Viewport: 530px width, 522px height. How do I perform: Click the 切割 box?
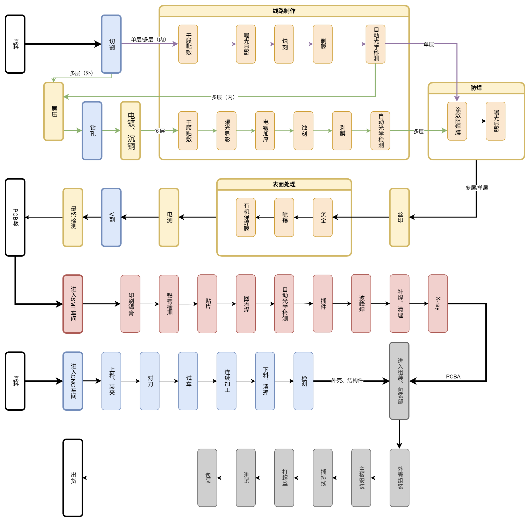coord(111,44)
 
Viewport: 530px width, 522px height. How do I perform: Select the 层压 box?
coord(53,111)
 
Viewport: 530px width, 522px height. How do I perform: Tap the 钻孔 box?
coord(92,130)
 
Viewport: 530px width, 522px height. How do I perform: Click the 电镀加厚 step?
coord(265,130)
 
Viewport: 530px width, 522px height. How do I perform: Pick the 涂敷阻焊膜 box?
coord(457,121)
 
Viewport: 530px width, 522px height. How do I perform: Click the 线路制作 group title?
coord(284,11)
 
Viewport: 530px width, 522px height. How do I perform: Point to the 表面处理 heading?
coord(284,184)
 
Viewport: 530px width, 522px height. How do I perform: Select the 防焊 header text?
coord(476,88)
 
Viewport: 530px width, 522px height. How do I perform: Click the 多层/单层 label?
coord(477,188)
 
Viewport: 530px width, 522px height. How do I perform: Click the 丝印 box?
coord(400,217)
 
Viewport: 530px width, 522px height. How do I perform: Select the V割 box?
coord(111,217)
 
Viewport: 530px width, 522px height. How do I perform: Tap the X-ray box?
coord(438,303)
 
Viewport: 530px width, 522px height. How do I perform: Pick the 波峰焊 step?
coord(361,303)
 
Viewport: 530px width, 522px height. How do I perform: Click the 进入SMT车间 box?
coord(73,304)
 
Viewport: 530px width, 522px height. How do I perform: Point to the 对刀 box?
coord(149,381)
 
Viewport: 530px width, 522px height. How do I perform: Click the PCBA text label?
coord(453,377)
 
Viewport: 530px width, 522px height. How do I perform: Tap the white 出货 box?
coord(73,478)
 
